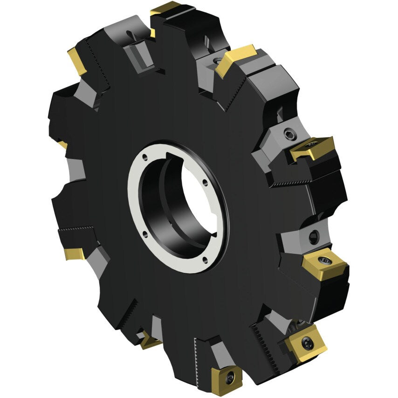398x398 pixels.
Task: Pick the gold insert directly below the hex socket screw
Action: (311, 148)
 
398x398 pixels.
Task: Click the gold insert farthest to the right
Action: (325, 264)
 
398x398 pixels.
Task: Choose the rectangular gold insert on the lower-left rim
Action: (74, 254)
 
